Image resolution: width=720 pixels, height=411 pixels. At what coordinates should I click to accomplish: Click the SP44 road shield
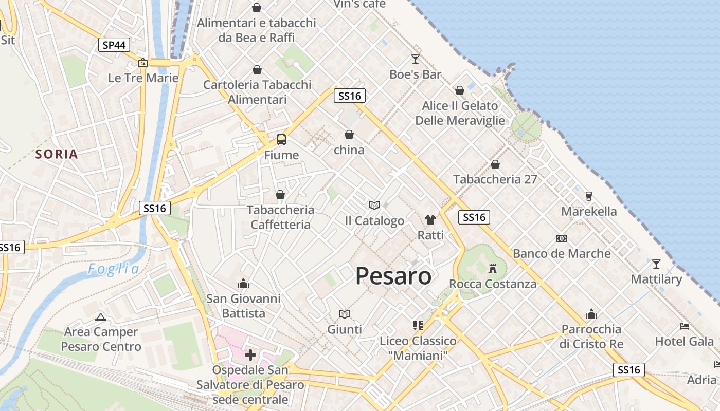(114, 45)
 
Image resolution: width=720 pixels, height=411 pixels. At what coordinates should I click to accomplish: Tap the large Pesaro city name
(393, 276)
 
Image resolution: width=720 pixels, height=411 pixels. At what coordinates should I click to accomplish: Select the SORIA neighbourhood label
(57, 154)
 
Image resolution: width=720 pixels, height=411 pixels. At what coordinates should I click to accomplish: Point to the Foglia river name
(113, 269)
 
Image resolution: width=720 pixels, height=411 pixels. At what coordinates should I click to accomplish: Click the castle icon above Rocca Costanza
(493, 268)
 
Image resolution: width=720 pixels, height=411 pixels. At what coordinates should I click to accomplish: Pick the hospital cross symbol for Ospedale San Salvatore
(250, 354)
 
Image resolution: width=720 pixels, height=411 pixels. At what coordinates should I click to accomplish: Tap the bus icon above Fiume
(281, 139)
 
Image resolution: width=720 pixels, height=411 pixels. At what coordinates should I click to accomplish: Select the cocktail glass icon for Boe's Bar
(415, 59)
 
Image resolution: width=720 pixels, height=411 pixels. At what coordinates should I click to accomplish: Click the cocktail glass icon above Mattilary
(656, 264)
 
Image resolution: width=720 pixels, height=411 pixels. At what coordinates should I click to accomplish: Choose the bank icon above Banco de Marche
(562, 238)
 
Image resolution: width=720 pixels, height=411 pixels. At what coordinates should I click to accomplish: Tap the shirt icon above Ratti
(430, 220)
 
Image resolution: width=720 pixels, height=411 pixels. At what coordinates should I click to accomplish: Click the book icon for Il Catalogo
(374, 205)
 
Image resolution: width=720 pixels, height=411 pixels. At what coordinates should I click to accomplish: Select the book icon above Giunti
(345, 313)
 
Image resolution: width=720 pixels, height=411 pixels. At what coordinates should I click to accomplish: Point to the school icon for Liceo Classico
(418, 325)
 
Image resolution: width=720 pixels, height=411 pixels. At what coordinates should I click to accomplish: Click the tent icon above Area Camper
(101, 317)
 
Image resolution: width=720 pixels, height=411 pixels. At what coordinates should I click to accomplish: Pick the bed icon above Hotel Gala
(684, 326)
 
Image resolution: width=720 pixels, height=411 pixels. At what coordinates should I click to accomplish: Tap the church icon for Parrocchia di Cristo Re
(591, 314)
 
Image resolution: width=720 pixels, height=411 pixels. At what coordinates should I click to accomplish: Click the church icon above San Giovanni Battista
(243, 284)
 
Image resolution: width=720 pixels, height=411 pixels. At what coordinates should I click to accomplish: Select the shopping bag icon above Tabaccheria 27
(495, 164)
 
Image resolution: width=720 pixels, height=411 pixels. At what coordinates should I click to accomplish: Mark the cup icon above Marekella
(589, 196)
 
